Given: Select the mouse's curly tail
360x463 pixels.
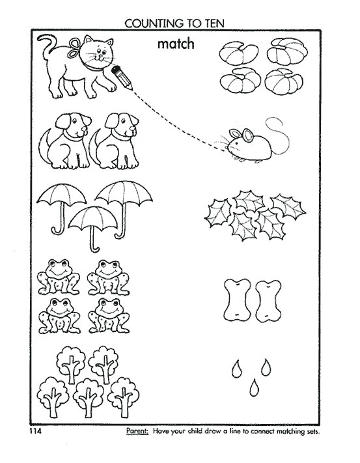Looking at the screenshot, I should [277, 133].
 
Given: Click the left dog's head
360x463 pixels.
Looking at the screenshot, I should [66, 124].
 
